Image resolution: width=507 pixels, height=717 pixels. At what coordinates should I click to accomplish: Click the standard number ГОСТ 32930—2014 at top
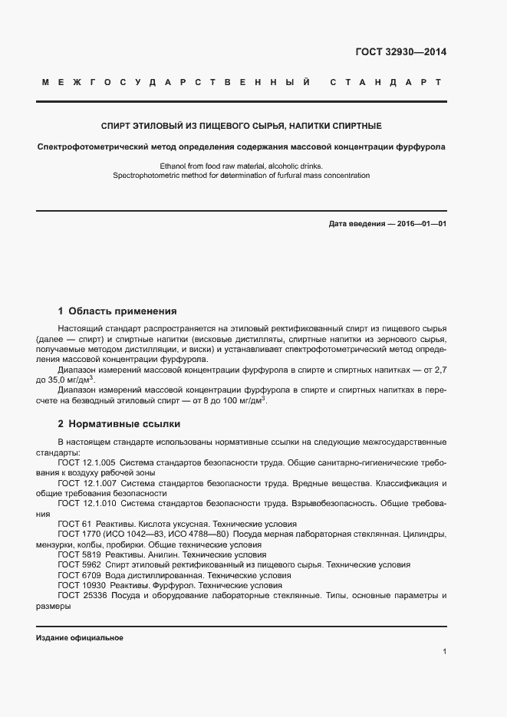(401, 53)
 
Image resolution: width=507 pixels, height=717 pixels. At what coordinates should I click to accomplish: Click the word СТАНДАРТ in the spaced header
(385, 82)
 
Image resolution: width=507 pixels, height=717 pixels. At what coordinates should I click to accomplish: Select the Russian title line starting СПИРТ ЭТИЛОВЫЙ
(242, 125)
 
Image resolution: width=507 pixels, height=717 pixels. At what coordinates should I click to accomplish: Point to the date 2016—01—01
(420, 224)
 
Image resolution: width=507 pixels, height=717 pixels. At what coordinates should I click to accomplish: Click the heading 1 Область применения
(117, 311)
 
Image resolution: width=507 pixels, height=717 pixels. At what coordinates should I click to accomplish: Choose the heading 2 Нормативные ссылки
(120, 423)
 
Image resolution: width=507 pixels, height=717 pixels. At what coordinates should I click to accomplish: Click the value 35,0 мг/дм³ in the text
(74, 380)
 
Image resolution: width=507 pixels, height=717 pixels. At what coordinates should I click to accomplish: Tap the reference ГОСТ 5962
(79, 564)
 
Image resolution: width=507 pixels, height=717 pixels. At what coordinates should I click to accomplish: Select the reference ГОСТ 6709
(79, 574)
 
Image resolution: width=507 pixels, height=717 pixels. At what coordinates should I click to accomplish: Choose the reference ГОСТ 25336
(81, 595)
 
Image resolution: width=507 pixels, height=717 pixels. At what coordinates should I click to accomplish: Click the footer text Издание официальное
(80, 638)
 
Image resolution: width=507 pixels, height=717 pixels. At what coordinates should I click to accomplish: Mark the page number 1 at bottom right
(444, 651)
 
